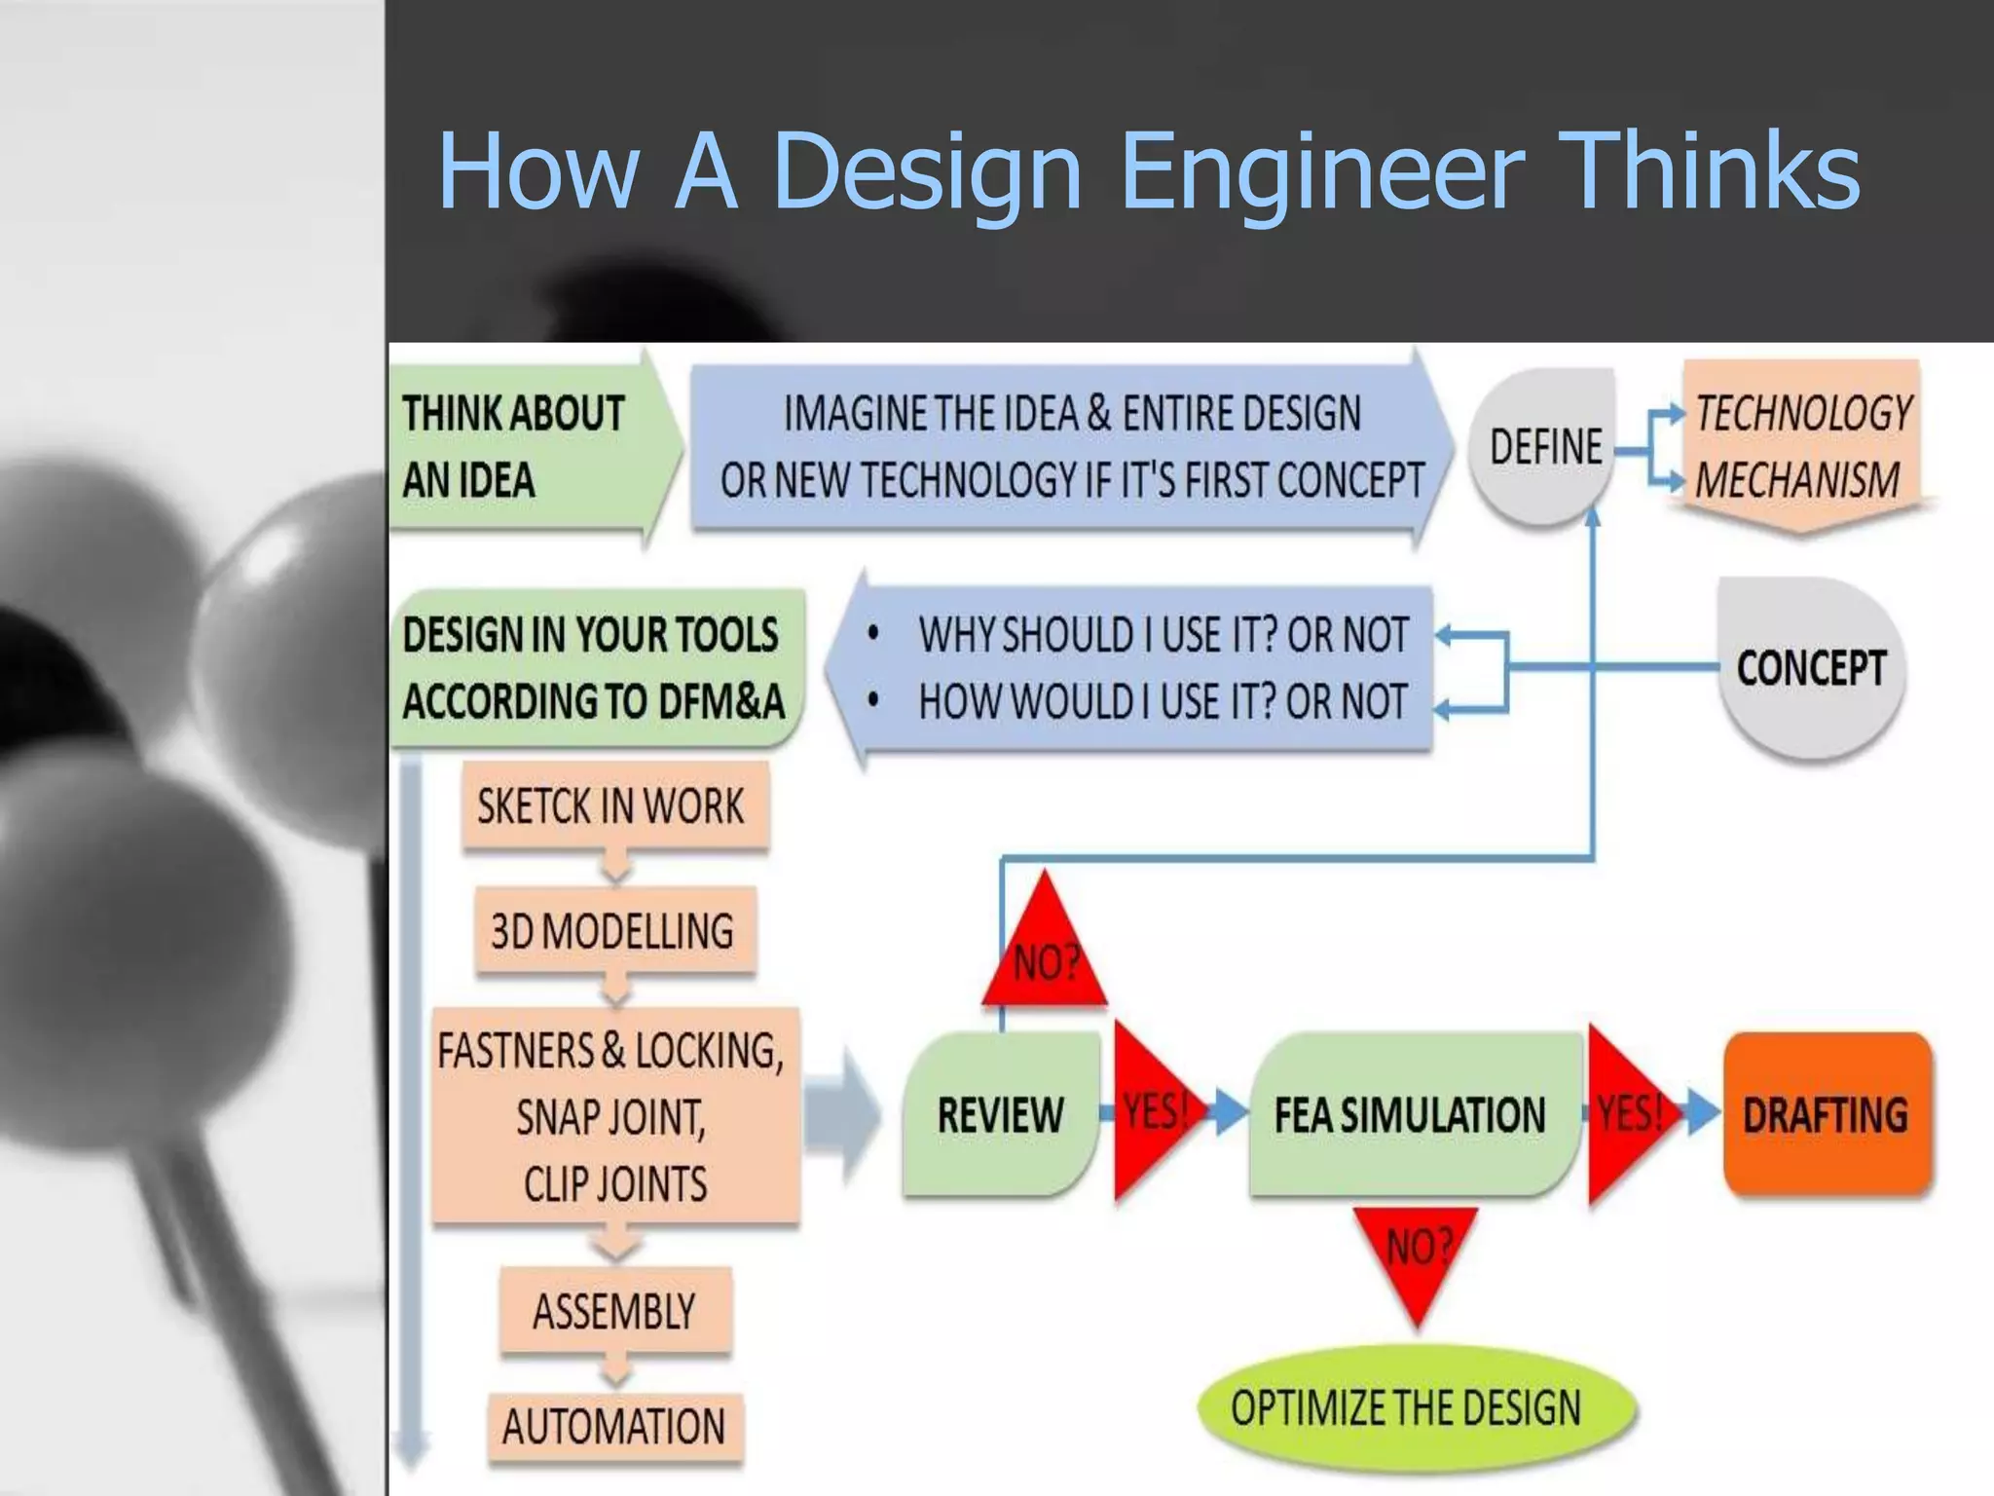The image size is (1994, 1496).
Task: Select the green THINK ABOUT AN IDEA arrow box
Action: click(526, 446)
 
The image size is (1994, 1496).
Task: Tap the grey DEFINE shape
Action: click(1544, 447)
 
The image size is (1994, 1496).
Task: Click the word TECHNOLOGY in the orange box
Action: click(1802, 413)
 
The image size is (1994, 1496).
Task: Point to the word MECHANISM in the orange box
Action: click(1797, 480)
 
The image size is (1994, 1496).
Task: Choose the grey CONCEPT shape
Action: click(1811, 668)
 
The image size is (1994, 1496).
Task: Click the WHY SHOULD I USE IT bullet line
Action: click(1163, 635)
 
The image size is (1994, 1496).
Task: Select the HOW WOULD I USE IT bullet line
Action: click(1163, 701)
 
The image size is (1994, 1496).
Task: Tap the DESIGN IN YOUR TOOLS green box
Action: click(594, 668)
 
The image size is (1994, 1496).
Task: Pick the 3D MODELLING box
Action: click(613, 931)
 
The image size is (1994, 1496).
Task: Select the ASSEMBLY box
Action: click(614, 1311)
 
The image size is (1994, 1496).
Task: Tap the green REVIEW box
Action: click(1000, 1114)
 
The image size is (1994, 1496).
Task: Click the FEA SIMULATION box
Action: click(1410, 1114)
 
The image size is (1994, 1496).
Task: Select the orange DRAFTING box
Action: click(1826, 1114)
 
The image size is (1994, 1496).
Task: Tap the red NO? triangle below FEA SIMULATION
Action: click(1418, 1256)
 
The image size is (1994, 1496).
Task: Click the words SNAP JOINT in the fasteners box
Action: click(611, 1117)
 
